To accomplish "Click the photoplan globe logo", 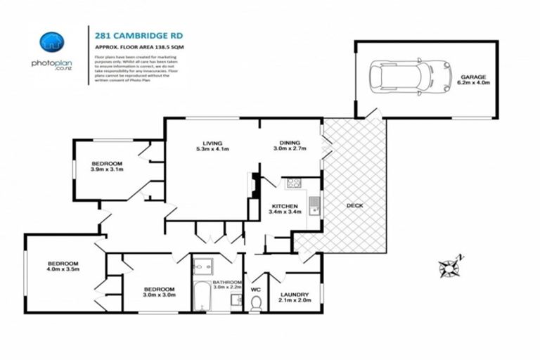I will point(51,42).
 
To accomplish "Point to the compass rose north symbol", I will point(449,266).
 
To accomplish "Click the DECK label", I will point(354,206).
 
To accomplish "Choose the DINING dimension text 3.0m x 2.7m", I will point(290,148).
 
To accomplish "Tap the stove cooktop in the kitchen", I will point(293,184).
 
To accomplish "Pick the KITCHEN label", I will point(285,205).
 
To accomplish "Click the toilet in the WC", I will point(256,302).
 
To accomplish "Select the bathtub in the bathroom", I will point(201,297).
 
